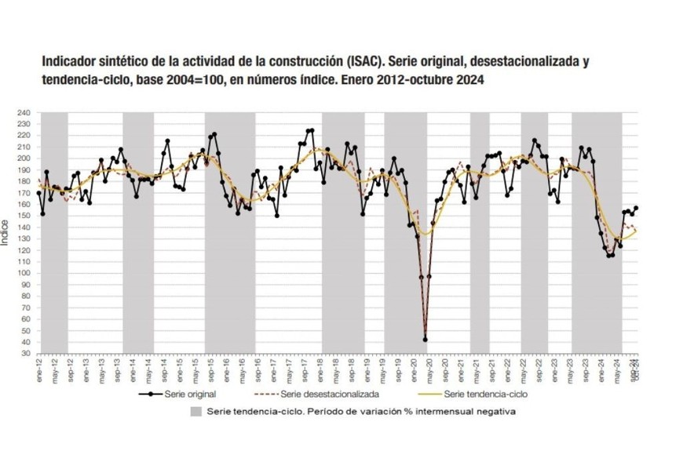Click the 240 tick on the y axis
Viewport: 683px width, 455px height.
[24, 113]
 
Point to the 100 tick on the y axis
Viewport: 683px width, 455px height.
[24, 273]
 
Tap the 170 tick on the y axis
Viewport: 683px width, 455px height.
[24, 193]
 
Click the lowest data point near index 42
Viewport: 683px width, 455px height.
[426, 339]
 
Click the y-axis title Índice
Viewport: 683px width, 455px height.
[6, 234]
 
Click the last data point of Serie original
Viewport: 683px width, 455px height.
[636, 208]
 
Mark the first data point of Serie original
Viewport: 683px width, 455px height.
[39, 193]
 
